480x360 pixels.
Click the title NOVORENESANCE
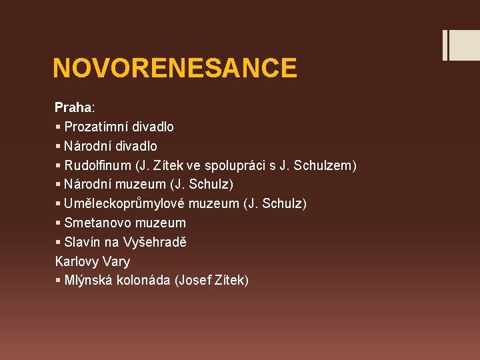[x=175, y=68]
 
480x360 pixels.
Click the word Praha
[x=74, y=107]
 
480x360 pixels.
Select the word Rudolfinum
[x=97, y=165]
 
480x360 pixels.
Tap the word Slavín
[x=83, y=242]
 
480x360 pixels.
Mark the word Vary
[x=117, y=261]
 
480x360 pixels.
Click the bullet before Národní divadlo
[x=58, y=146]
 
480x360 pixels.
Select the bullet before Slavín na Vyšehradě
[x=58, y=242]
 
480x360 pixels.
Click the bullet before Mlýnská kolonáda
[x=58, y=281]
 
